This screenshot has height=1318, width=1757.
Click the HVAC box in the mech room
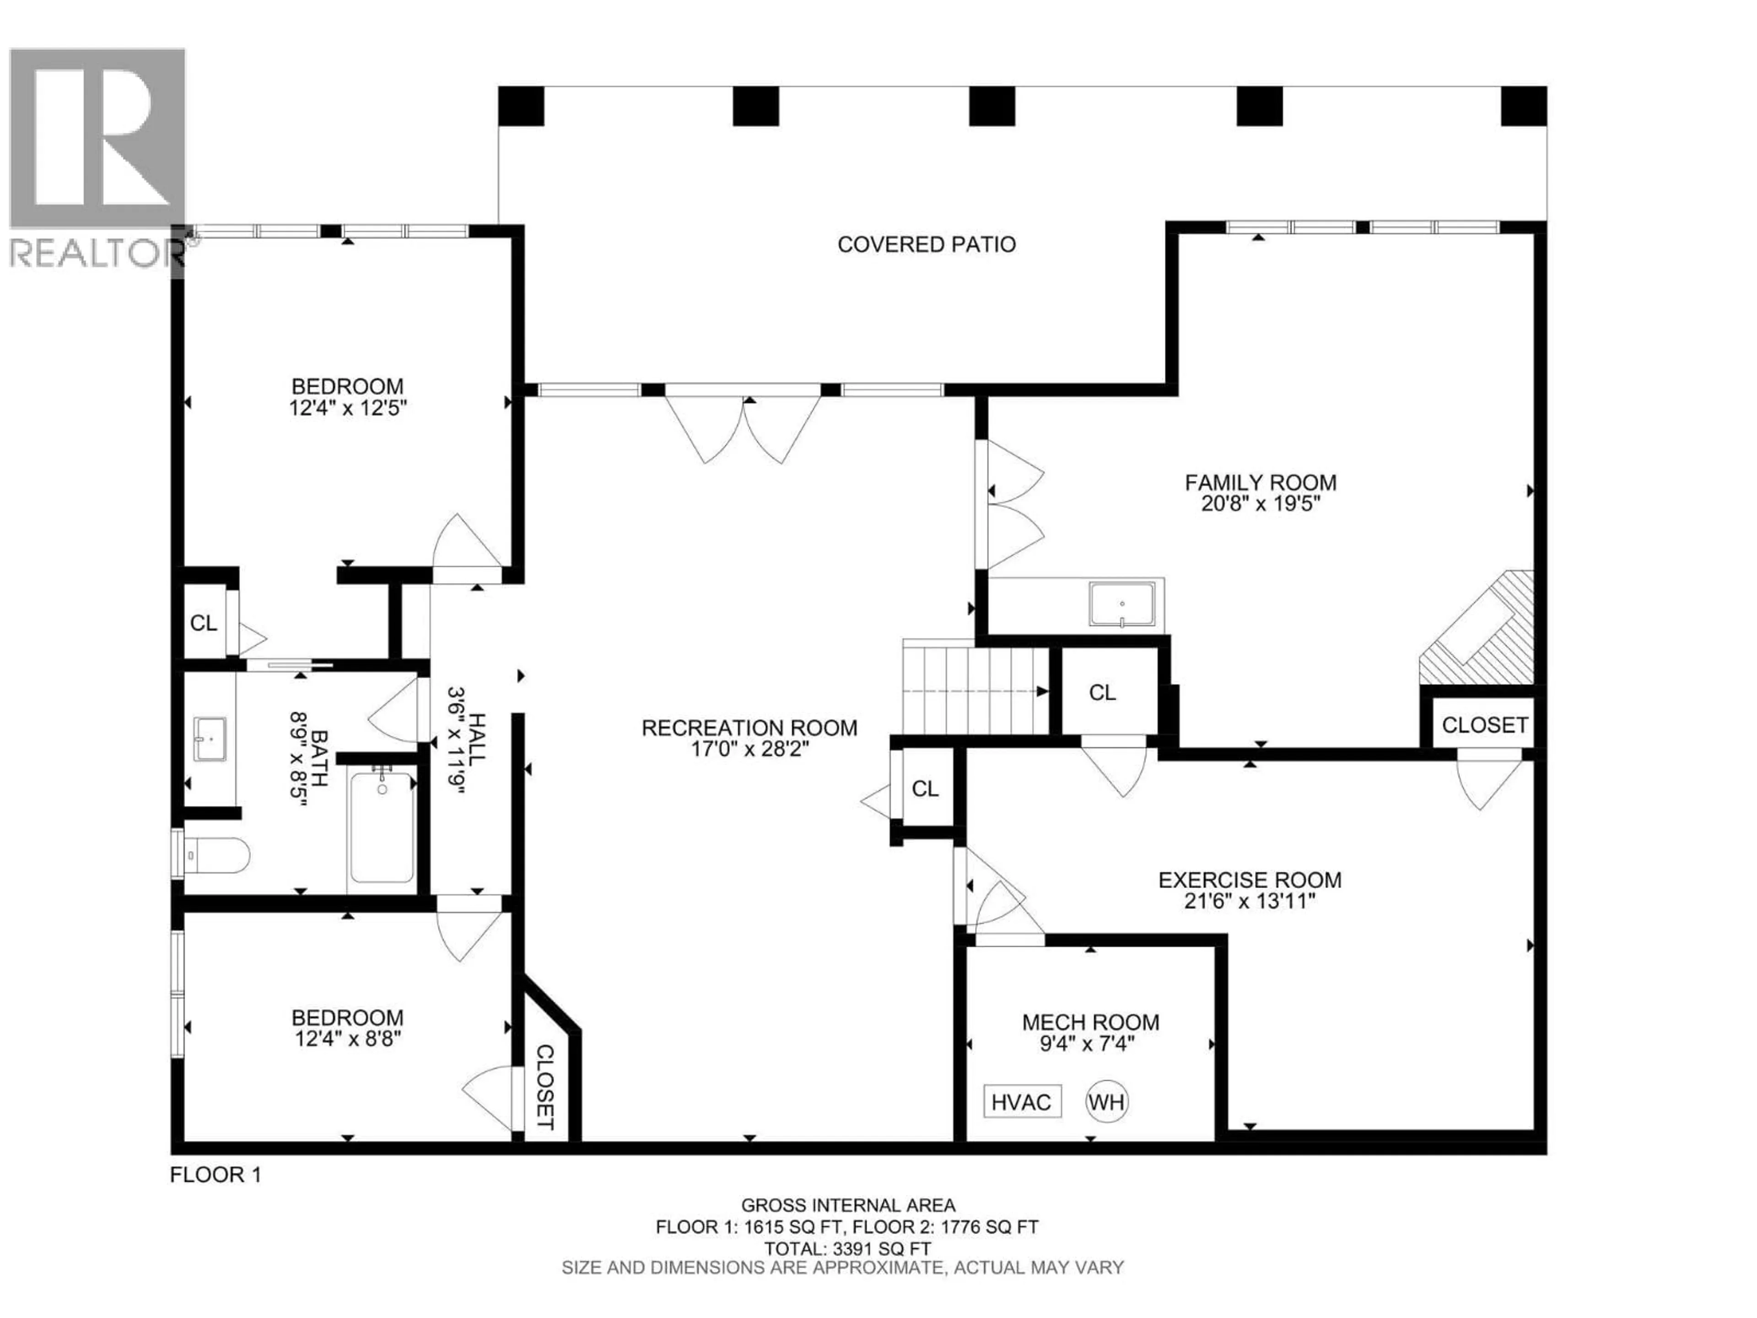coord(1021,1102)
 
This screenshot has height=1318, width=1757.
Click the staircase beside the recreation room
coord(976,691)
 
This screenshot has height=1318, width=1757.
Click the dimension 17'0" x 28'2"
coord(749,749)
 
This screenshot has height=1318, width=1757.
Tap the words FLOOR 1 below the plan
coord(215,1175)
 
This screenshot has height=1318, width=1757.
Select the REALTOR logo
coord(97,159)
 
